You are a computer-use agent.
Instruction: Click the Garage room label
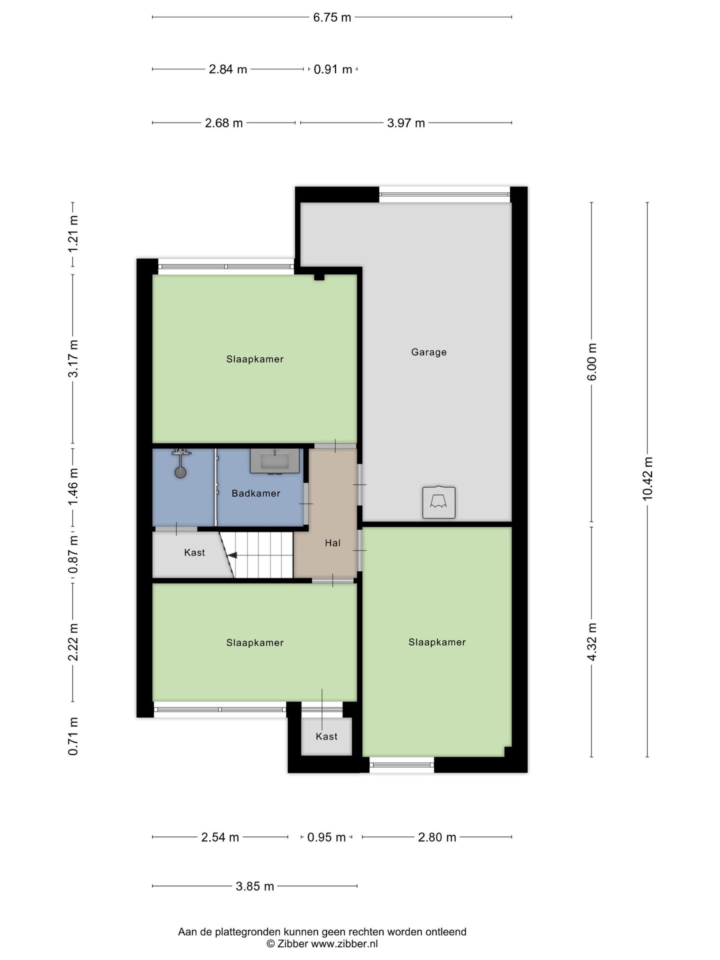pos(428,352)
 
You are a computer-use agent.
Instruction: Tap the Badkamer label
pos(256,493)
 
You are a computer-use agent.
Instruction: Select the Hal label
pos(332,542)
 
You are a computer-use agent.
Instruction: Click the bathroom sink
pos(275,460)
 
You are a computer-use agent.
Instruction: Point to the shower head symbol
pos(180,462)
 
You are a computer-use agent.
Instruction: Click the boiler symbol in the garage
pos(439,502)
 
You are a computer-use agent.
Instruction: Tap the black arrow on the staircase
pos(232,555)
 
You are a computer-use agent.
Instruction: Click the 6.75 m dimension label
pos(332,17)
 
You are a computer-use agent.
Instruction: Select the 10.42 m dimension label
pos(647,478)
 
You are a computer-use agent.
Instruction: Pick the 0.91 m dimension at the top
pos(332,69)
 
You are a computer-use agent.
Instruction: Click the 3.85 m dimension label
pos(255,886)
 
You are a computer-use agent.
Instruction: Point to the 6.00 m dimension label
pos(592,362)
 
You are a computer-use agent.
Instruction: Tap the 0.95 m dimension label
pos(326,837)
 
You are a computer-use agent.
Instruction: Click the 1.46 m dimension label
pos(73,486)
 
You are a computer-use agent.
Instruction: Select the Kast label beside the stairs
pos(194,552)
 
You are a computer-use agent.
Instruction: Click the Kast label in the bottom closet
pos(326,736)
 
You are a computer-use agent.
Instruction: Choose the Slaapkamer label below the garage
pos(437,642)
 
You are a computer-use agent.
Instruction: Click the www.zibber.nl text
pos(344,944)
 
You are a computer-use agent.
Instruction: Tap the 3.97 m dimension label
pos(406,123)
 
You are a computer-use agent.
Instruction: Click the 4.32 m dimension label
pos(592,642)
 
